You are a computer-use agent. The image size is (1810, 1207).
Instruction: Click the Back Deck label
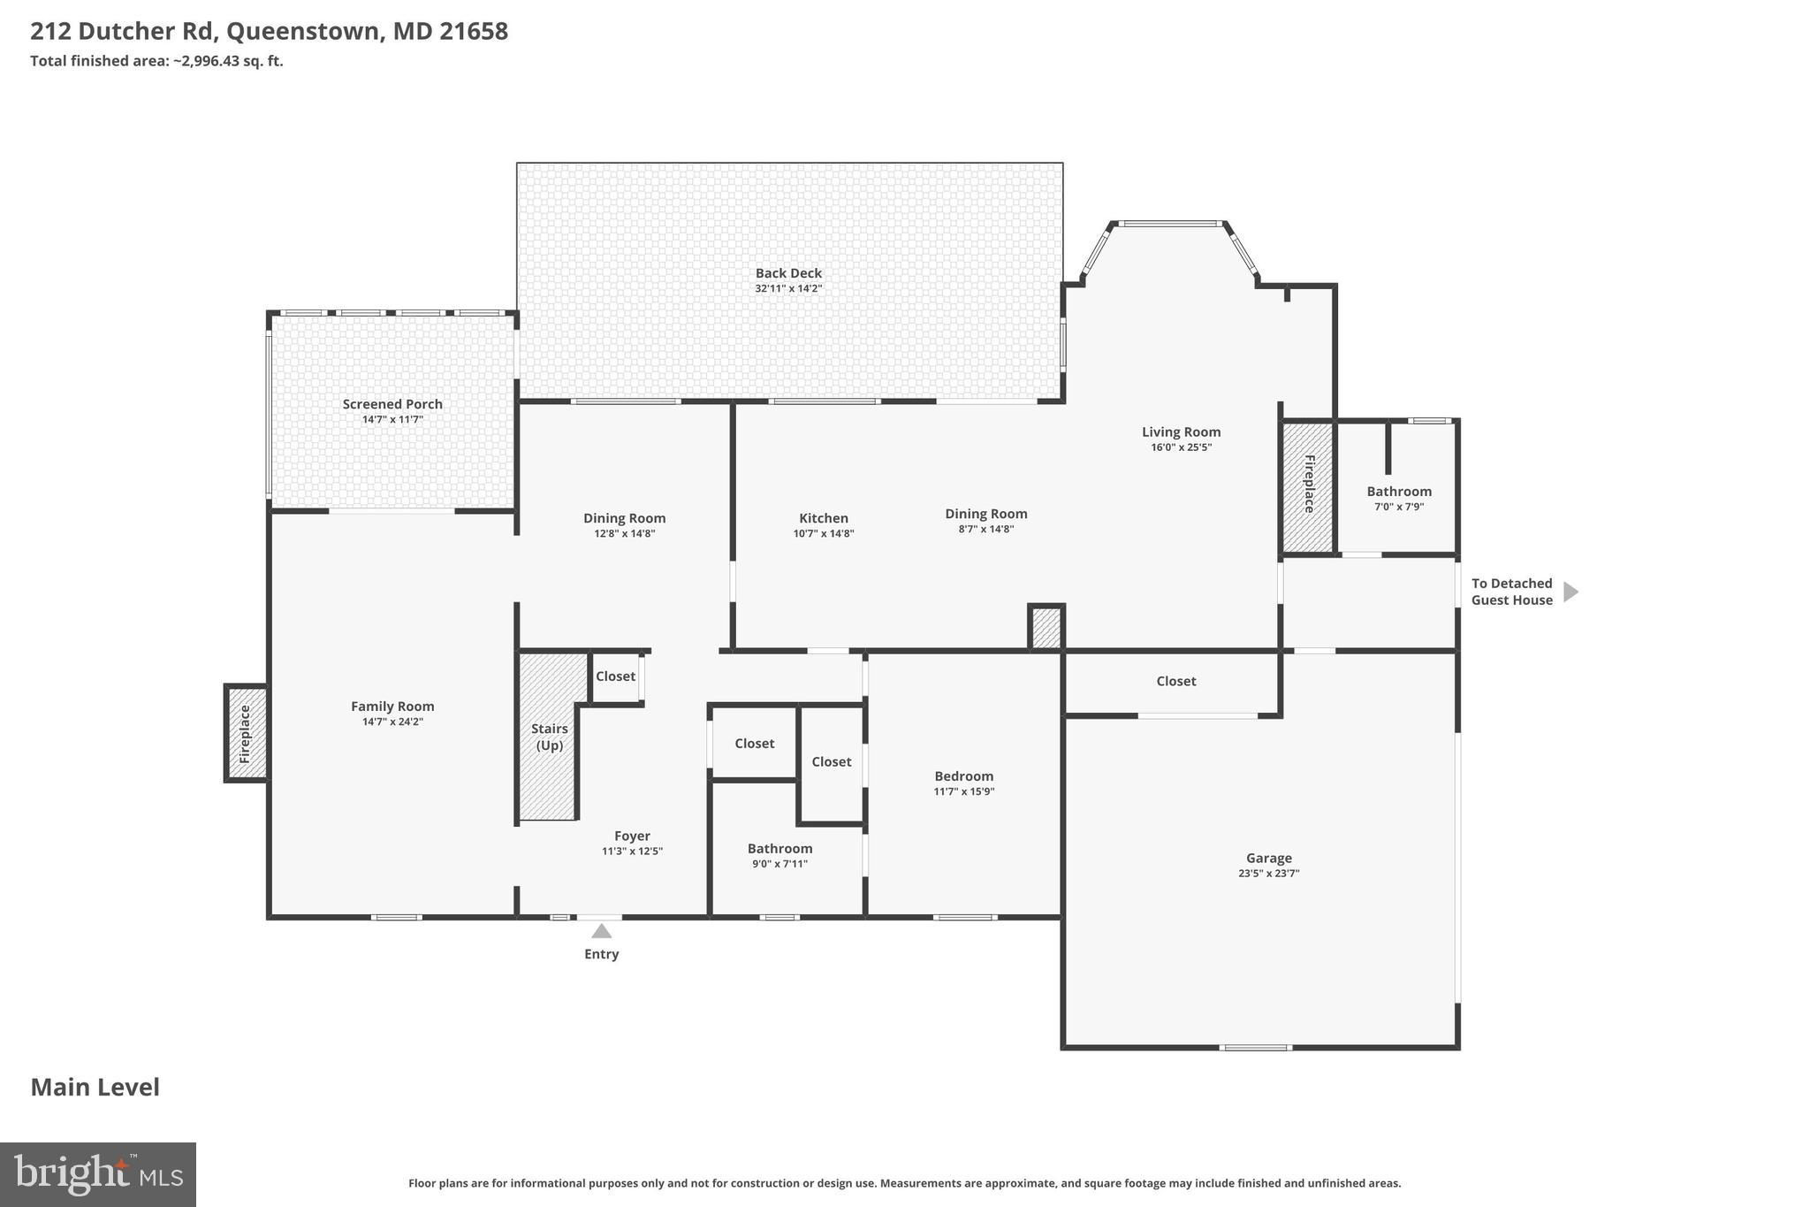click(788, 273)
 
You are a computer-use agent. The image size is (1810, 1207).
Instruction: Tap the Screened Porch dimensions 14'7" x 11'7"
click(392, 419)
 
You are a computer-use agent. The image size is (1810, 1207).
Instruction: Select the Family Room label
click(392, 706)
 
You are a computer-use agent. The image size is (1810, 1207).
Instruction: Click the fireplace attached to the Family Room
click(246, 734)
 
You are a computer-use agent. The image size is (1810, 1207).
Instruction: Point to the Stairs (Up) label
click(549, 737)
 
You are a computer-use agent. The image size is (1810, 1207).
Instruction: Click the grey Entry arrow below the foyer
click(601, 931)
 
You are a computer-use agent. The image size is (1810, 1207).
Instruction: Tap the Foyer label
click(632, 836)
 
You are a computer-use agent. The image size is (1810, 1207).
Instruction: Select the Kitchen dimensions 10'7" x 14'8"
click(823, 533)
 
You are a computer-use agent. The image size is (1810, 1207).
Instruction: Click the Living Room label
click(1181, 432)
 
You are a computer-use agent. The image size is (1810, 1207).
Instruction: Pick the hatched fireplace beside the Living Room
click(1308, 486)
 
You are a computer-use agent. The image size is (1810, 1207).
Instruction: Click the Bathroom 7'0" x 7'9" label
click(1398, 492)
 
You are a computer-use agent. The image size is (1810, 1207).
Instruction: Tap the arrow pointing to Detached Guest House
click(1570, 592)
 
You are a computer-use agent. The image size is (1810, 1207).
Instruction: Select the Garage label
click(1268, 858)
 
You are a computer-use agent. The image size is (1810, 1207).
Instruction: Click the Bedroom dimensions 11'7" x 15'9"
click(963, 791)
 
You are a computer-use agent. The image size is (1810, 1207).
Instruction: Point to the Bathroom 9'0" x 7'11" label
click(780, 849)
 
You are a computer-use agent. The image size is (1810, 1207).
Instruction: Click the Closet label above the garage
click(1175, 681)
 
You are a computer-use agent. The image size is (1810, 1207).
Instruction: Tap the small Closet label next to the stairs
click(615, 676)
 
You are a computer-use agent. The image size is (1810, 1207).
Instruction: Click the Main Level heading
click(95, 1087)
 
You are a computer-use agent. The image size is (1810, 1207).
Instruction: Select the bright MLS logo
click(98, 1174)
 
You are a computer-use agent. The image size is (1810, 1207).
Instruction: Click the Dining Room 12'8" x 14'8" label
click(624, 519)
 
